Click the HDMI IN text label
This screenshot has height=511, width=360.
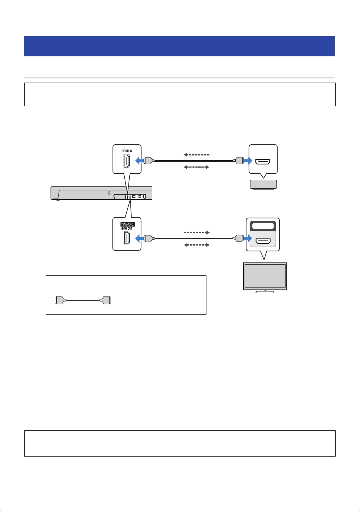[x=127, y=151]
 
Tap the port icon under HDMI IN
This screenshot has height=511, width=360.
[x=127, y=161]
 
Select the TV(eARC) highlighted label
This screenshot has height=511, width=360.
[x=128, y=225]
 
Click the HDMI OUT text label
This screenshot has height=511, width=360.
[x=127, y=228]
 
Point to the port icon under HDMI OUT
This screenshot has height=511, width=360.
[x=127, y=238]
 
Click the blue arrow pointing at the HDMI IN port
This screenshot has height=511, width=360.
[x=139, y=161]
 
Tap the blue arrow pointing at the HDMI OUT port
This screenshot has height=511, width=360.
[x=139, y=239]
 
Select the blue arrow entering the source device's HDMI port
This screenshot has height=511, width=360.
[x=248, y=161]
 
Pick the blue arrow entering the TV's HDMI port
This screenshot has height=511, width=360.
[x=248, y=239]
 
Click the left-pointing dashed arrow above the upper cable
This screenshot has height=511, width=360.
[x=196, y=155]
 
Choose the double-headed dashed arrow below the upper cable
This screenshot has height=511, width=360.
[x=196, y=167]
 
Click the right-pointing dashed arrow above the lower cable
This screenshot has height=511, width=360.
[x=197, y=232]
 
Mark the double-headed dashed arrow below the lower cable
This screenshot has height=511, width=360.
[x=197, y=245]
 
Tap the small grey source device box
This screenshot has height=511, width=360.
[x=264, y=184]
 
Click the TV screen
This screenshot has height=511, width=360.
[x=265, y=276]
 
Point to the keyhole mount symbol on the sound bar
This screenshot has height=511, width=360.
[x=109, y=193]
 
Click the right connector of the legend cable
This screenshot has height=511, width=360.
[x=105, y=300]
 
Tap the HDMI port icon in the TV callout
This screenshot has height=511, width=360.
[x=263, y=241]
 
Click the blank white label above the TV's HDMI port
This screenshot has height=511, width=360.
[x=263, y=226]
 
